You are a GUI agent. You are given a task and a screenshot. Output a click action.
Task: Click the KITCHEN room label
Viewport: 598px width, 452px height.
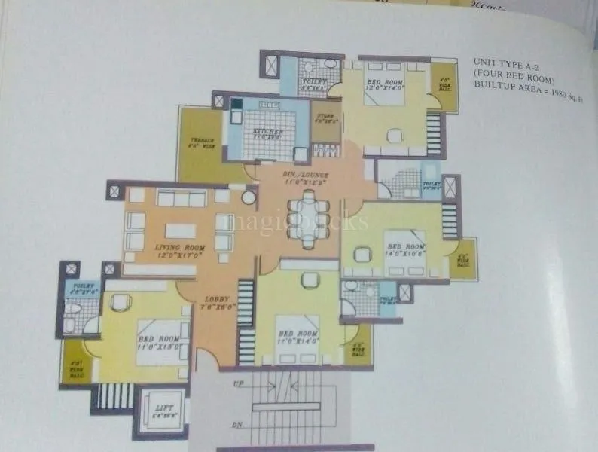click(269, 131)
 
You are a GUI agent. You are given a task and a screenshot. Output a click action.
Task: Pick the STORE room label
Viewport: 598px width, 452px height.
click(325, 114)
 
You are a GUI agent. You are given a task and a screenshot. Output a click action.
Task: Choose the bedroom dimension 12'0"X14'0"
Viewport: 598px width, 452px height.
click(385, 88)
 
